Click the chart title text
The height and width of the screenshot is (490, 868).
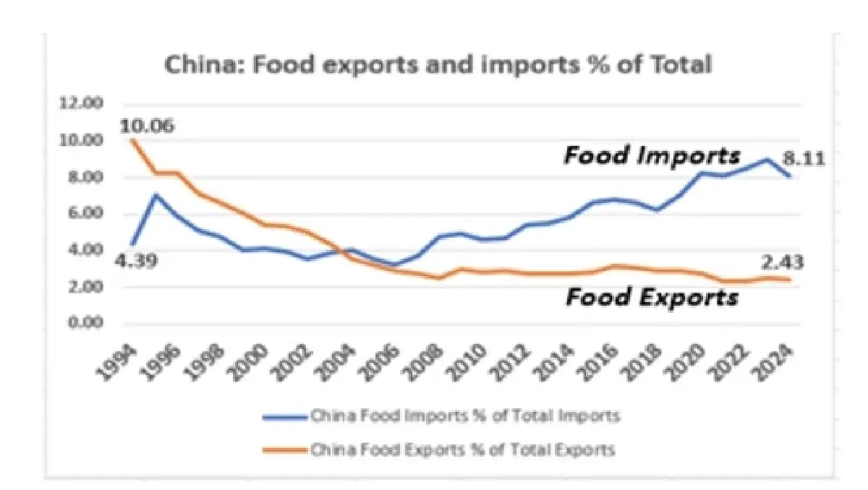439,64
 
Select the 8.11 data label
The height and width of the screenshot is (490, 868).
803,157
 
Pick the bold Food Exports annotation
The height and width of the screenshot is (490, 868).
652,297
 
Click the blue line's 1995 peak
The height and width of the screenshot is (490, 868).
155,194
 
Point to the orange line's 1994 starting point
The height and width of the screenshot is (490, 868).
133,139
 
